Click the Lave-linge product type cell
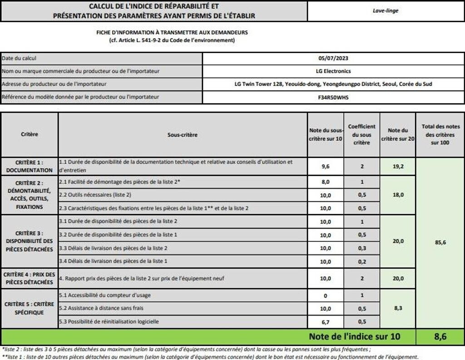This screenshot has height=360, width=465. [385, 10]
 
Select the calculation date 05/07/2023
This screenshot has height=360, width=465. [333, 59]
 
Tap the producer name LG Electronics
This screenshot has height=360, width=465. [333, 71]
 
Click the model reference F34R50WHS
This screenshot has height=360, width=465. [333, 97]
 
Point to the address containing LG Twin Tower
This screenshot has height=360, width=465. [333, 84]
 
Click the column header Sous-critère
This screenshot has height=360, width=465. [183, 135]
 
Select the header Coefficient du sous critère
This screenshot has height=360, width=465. [361, 134]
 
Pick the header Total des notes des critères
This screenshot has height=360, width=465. [440, 134]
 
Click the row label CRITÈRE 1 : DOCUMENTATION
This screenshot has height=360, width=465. [30, 166]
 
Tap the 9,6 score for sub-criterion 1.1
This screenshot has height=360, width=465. [325, 167]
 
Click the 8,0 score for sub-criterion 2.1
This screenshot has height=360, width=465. [325, 182]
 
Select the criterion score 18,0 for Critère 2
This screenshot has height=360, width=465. [398, 195]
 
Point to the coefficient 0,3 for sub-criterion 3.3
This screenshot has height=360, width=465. [361, 248]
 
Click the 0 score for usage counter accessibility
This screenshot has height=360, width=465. [325, 296]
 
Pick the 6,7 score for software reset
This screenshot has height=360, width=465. [325, 322]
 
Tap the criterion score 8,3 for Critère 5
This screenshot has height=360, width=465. [398, 309]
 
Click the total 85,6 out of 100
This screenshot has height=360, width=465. [440, 242]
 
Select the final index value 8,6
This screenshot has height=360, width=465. [440, 336]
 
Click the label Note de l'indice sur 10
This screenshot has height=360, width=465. [355, 336]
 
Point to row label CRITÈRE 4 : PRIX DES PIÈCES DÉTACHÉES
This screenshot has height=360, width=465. [30, 278]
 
